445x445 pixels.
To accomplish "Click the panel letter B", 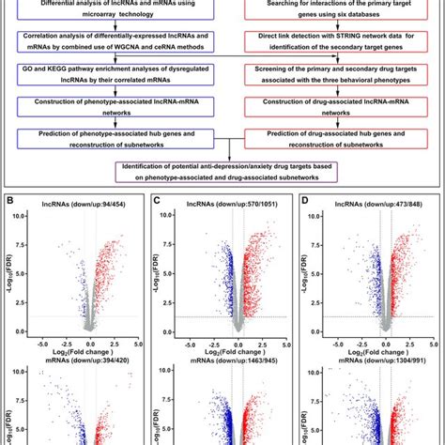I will (x=8, y=202).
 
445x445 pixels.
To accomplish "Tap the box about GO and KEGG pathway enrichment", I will (x=112, y=74).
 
